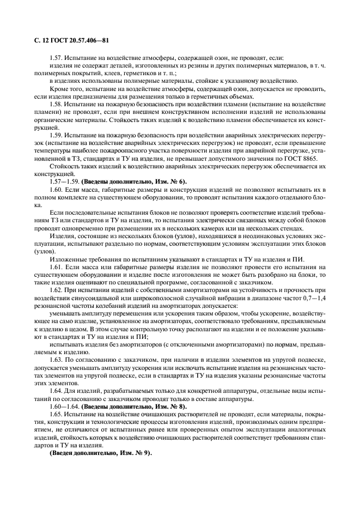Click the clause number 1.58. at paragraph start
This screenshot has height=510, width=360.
57,104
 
